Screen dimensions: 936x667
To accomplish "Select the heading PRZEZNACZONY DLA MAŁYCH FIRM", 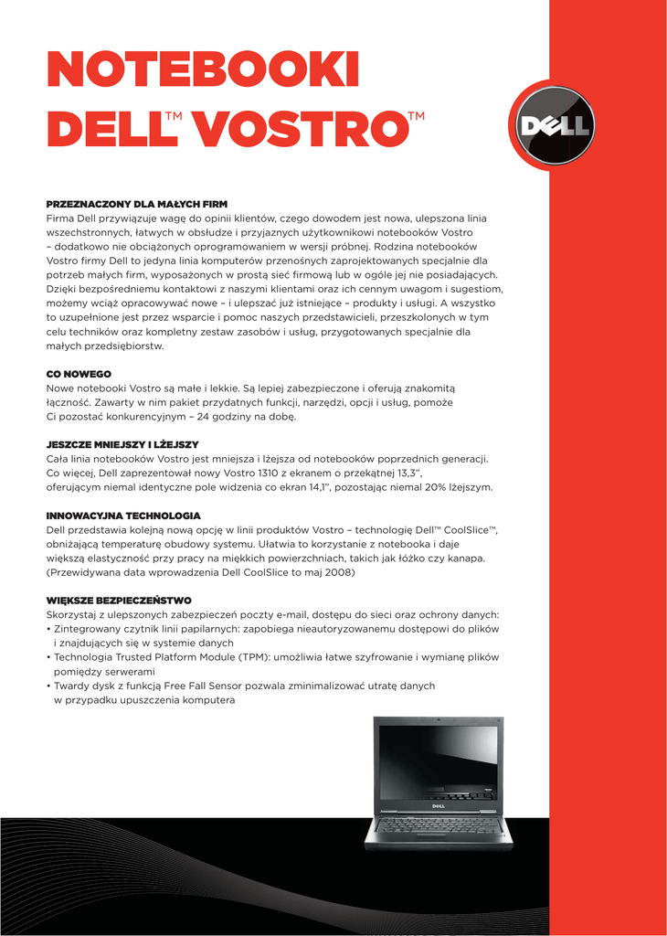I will click(x=136, y=204).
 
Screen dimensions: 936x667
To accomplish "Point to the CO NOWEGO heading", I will click(x=79, y=374).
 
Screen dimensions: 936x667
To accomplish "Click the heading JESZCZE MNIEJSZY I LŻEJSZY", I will click(x=122, y=444).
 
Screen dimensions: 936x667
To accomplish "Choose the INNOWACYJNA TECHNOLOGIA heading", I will click(x=123, y=516).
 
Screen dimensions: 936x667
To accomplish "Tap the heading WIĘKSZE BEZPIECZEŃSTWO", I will click(x=119, y=601).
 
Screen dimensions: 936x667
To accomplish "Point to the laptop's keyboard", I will click(x=438, y=825).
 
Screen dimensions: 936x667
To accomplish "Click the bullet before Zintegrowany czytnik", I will click(x=48, y=630).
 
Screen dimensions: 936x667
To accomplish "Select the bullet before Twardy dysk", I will click(x=48, y=686).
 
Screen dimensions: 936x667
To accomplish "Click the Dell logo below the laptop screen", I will click(x=438, y=805).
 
